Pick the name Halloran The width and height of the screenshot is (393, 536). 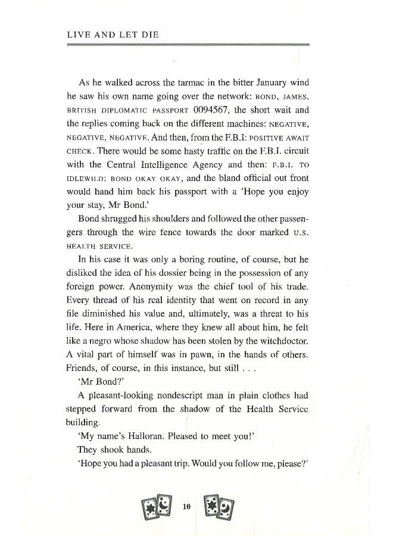click(x=141, y=434)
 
